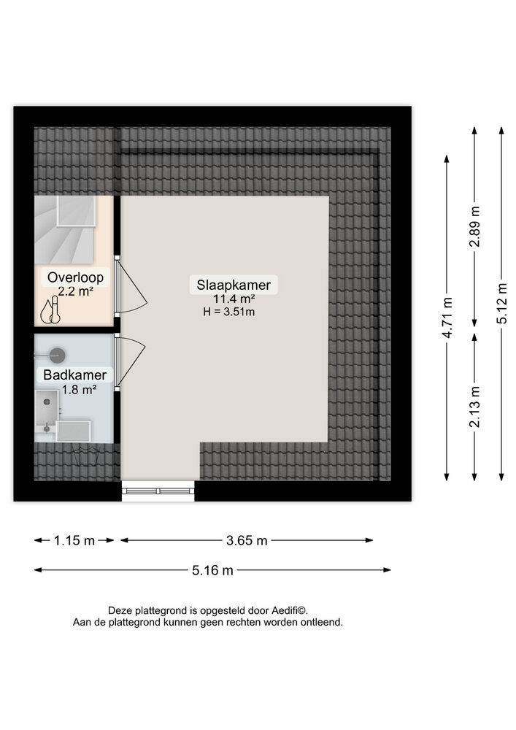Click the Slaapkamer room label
(234, 285)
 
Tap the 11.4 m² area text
(234, 299)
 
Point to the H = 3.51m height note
(229, 312)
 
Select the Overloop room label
(75, 277)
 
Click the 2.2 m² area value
(75, 291)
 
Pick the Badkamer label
(75, 374)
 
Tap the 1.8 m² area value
(79, 389)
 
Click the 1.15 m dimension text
(74, 540)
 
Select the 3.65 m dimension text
(247, 540)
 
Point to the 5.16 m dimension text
(212, 570)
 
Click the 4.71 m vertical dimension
(447, 318)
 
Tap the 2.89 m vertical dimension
(474, 227)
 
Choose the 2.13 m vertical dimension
(474, 407)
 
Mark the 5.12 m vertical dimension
(501, 304)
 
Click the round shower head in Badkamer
(57, 356)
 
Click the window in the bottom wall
(158, 491)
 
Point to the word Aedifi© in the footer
(290, 610)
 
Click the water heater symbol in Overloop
(50, 312)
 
